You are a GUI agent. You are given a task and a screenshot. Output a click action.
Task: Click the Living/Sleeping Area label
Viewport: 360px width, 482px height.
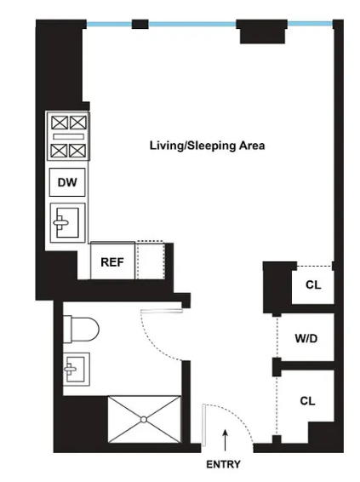coord(207,146)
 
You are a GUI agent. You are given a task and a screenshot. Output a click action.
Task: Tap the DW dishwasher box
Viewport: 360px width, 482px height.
coord(67,182)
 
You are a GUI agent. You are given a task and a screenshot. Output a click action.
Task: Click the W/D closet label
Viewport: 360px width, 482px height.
coord(306,338)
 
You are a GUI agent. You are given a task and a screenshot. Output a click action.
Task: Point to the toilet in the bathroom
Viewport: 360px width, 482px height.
coord(81,329)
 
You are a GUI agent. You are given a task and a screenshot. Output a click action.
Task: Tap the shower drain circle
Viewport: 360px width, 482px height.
coord(144,419)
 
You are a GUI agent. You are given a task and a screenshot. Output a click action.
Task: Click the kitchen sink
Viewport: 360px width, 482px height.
coord(67,222)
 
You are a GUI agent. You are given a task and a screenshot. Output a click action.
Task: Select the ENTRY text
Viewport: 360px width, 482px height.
coord(223,464)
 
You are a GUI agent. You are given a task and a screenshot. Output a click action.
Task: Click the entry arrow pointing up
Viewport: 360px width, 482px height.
coord(226,440)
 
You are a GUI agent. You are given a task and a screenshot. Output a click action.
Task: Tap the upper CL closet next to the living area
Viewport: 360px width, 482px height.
coord(313,284)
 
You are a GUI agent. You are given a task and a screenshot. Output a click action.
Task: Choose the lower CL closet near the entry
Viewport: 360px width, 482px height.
coord(307,401)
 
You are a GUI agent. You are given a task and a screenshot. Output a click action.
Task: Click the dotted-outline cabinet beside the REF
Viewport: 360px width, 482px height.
coord(150,260)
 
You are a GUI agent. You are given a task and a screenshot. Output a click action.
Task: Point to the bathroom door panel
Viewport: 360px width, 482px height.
coord(162,311)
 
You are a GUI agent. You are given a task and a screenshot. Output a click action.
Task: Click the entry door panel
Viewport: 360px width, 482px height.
coord(203,425)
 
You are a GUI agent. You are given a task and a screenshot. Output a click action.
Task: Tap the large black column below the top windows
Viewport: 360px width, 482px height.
coord(262,32)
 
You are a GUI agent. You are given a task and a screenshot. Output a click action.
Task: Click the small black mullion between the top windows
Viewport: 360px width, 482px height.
coord(140,24)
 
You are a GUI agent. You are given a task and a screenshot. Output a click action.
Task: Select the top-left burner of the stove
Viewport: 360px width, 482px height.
coord(60,123)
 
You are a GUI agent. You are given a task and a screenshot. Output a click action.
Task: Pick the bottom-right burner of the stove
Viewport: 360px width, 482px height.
coord(77,151)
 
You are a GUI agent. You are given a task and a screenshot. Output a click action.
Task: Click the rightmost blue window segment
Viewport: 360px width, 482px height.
coord(310,23)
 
